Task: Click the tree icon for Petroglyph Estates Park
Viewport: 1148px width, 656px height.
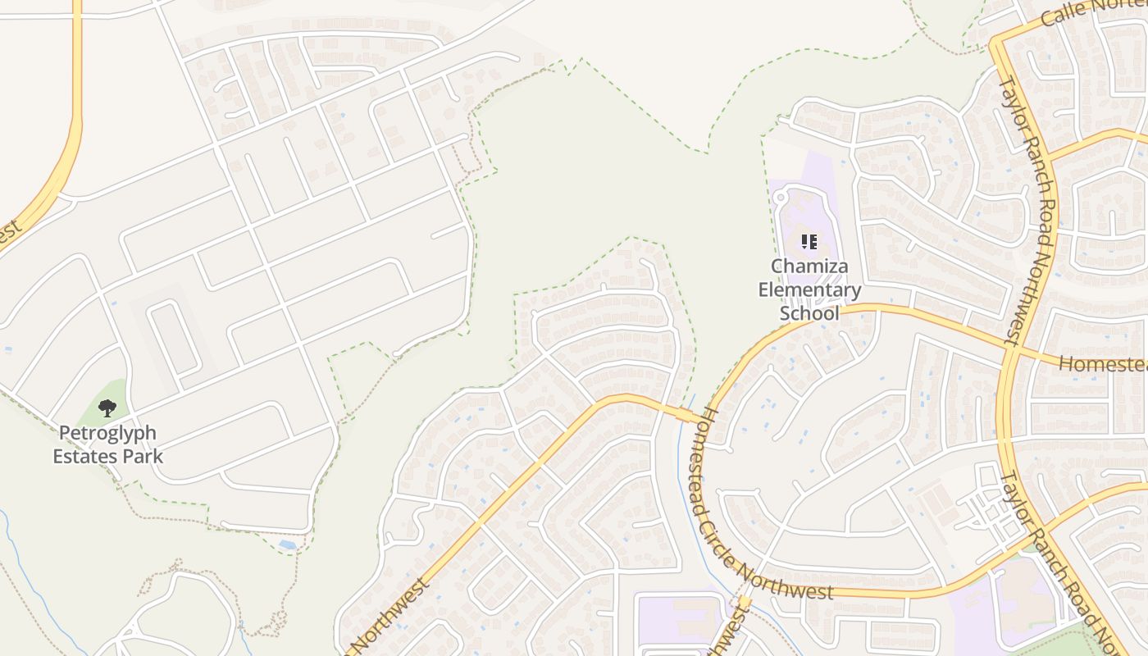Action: [x=107, y=408]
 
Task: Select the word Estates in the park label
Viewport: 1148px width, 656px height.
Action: [x=85, y=456]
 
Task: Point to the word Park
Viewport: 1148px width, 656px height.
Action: [x=142, y=456]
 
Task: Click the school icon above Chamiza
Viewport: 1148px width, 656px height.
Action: [x=809, y=242]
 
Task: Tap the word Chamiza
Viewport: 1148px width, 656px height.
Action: [x=809, y=266]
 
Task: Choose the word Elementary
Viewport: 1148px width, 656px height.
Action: [x=809, y=289]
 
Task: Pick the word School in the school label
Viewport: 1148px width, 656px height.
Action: [x=809, y=313]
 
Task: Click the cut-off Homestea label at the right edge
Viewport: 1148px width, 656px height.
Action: [x=1103, y=363]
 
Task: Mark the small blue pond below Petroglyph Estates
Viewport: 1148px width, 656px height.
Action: [x=288, y=544]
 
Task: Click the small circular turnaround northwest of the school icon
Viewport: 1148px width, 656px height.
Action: [x=780, y=198]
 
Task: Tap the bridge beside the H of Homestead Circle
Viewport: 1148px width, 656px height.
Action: [x=684, y=415]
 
